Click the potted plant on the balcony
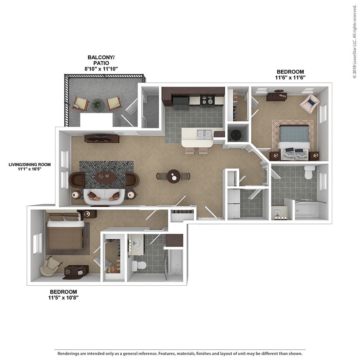point(97,104)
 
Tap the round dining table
point(173,176)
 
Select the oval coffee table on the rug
point(105,176)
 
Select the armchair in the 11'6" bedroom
point(309,103)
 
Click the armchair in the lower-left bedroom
point(51,267)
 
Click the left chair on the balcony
point(81,104)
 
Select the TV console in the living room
point(102,138)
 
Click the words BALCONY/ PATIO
point(101,60)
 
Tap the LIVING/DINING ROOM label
point(29,164)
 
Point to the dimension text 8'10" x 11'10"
point(101,69)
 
